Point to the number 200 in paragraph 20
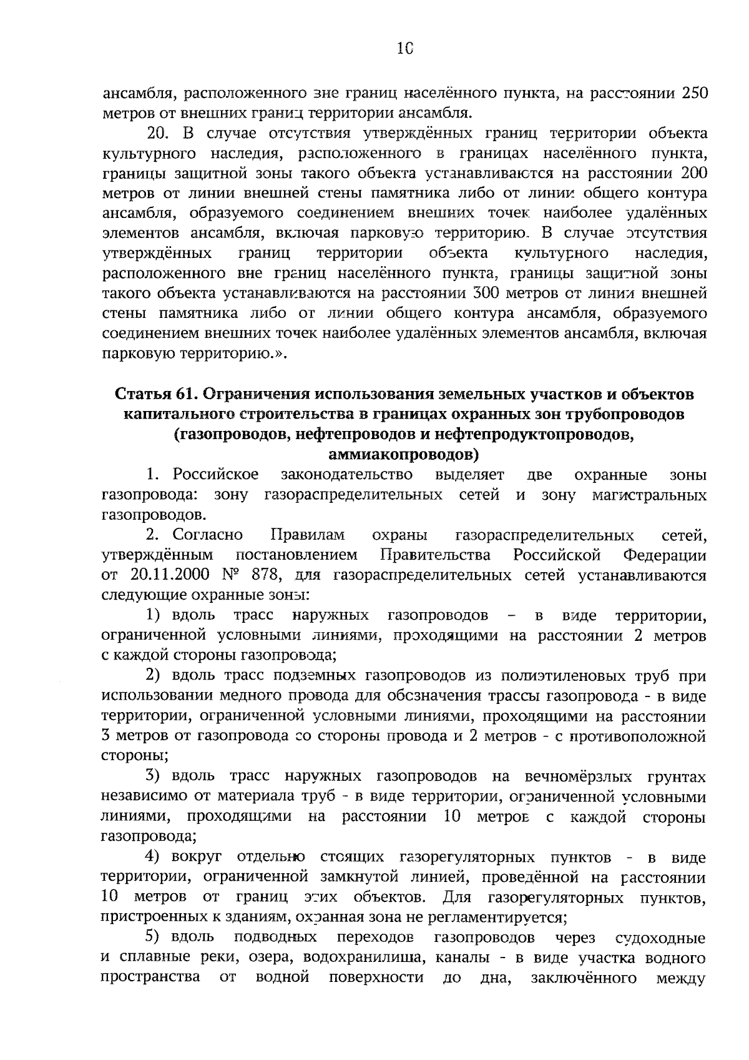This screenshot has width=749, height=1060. point(692,173)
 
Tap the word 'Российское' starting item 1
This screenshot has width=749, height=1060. point(216,475)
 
